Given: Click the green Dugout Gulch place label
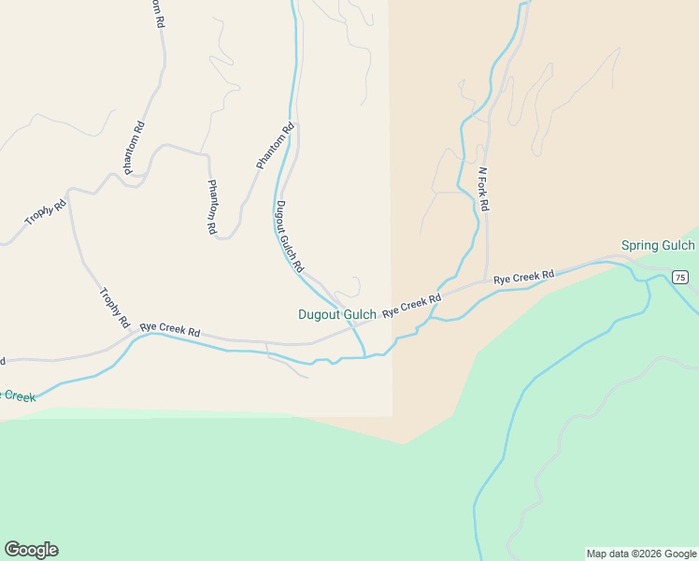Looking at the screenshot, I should click(336, 315).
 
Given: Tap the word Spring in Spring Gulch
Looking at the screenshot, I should click(641, 246).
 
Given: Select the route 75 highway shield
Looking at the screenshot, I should click(679, 277).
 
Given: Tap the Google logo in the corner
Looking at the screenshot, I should click(31, 550).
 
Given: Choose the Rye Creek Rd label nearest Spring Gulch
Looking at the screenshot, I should click(524, 277).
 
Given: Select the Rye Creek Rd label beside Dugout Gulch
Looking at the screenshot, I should click(411, 305).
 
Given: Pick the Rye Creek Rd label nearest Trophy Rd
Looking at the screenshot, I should click(170, 331).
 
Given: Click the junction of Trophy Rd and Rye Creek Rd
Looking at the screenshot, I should click(131, 337).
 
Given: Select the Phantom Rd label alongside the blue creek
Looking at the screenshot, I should click(276, 146).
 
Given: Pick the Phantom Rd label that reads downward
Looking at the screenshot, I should click(212, 207).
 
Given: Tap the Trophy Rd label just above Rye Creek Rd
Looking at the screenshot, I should click(113, 309).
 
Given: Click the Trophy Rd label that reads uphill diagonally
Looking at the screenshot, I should click(46, 211).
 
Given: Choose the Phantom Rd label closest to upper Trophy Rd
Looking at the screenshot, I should click(135, 148).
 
